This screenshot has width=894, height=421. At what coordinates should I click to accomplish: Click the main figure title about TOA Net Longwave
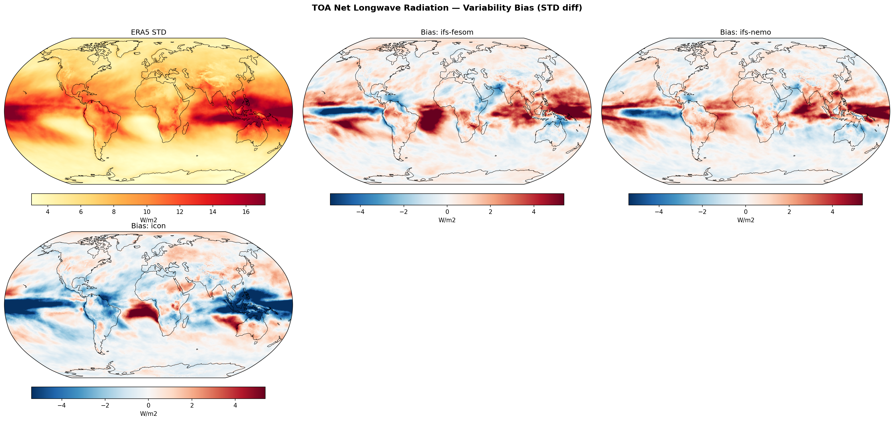click(x=447, y=8)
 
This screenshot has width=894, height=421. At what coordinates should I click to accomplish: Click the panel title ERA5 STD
click(x=149, y=32)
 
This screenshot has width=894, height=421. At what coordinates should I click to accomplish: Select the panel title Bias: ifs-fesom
click(x=447, y=32)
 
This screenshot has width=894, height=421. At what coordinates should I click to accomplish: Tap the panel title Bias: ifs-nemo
click(x=745, y=32)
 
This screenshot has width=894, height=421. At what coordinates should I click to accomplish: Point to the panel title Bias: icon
click(x=149, y=226)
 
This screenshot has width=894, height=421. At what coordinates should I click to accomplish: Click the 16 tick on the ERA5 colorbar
click(x=246, y=212)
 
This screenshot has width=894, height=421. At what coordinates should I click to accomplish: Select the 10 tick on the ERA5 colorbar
click(x=147, y=212)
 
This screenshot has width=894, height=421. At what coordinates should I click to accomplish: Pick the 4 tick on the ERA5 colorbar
click(x=48, y=212)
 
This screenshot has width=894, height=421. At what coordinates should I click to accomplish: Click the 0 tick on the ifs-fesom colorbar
click(x=447, y=212)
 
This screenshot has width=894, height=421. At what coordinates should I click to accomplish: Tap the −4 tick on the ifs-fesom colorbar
click(x=360, y=212)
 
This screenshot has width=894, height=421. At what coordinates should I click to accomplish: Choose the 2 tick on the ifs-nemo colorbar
click(x=789, y=212)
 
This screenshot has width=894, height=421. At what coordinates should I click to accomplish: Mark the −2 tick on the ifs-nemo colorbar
click(x=702, y=212)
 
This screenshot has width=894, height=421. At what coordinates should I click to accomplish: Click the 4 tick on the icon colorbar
click(x=235, y=405)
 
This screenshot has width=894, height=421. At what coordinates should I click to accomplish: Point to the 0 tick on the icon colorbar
click(x=149, y=405)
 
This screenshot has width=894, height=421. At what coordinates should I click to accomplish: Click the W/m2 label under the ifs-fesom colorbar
click(x=447, y=220)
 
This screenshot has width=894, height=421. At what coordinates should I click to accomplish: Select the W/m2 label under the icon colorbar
click(x=149, y=414)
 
